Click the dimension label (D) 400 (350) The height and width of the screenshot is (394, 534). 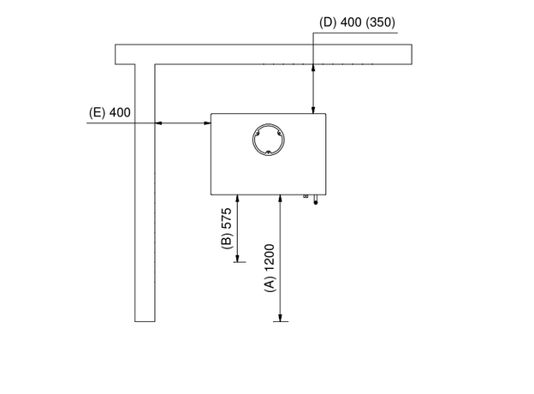pos(357,22)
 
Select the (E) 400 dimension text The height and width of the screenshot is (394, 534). pos(110,112)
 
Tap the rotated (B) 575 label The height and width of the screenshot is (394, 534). pos(227,229)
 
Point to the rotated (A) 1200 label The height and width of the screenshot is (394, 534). pos(270,268)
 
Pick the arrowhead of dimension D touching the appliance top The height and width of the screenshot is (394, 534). pos(313,109)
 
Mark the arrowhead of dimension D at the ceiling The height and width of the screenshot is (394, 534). pos(313,69)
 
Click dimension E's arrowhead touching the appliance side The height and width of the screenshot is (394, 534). pos(207,123)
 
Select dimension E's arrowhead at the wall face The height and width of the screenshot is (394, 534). pos(159,123)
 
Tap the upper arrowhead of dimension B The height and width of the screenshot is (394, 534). pos(237,200)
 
